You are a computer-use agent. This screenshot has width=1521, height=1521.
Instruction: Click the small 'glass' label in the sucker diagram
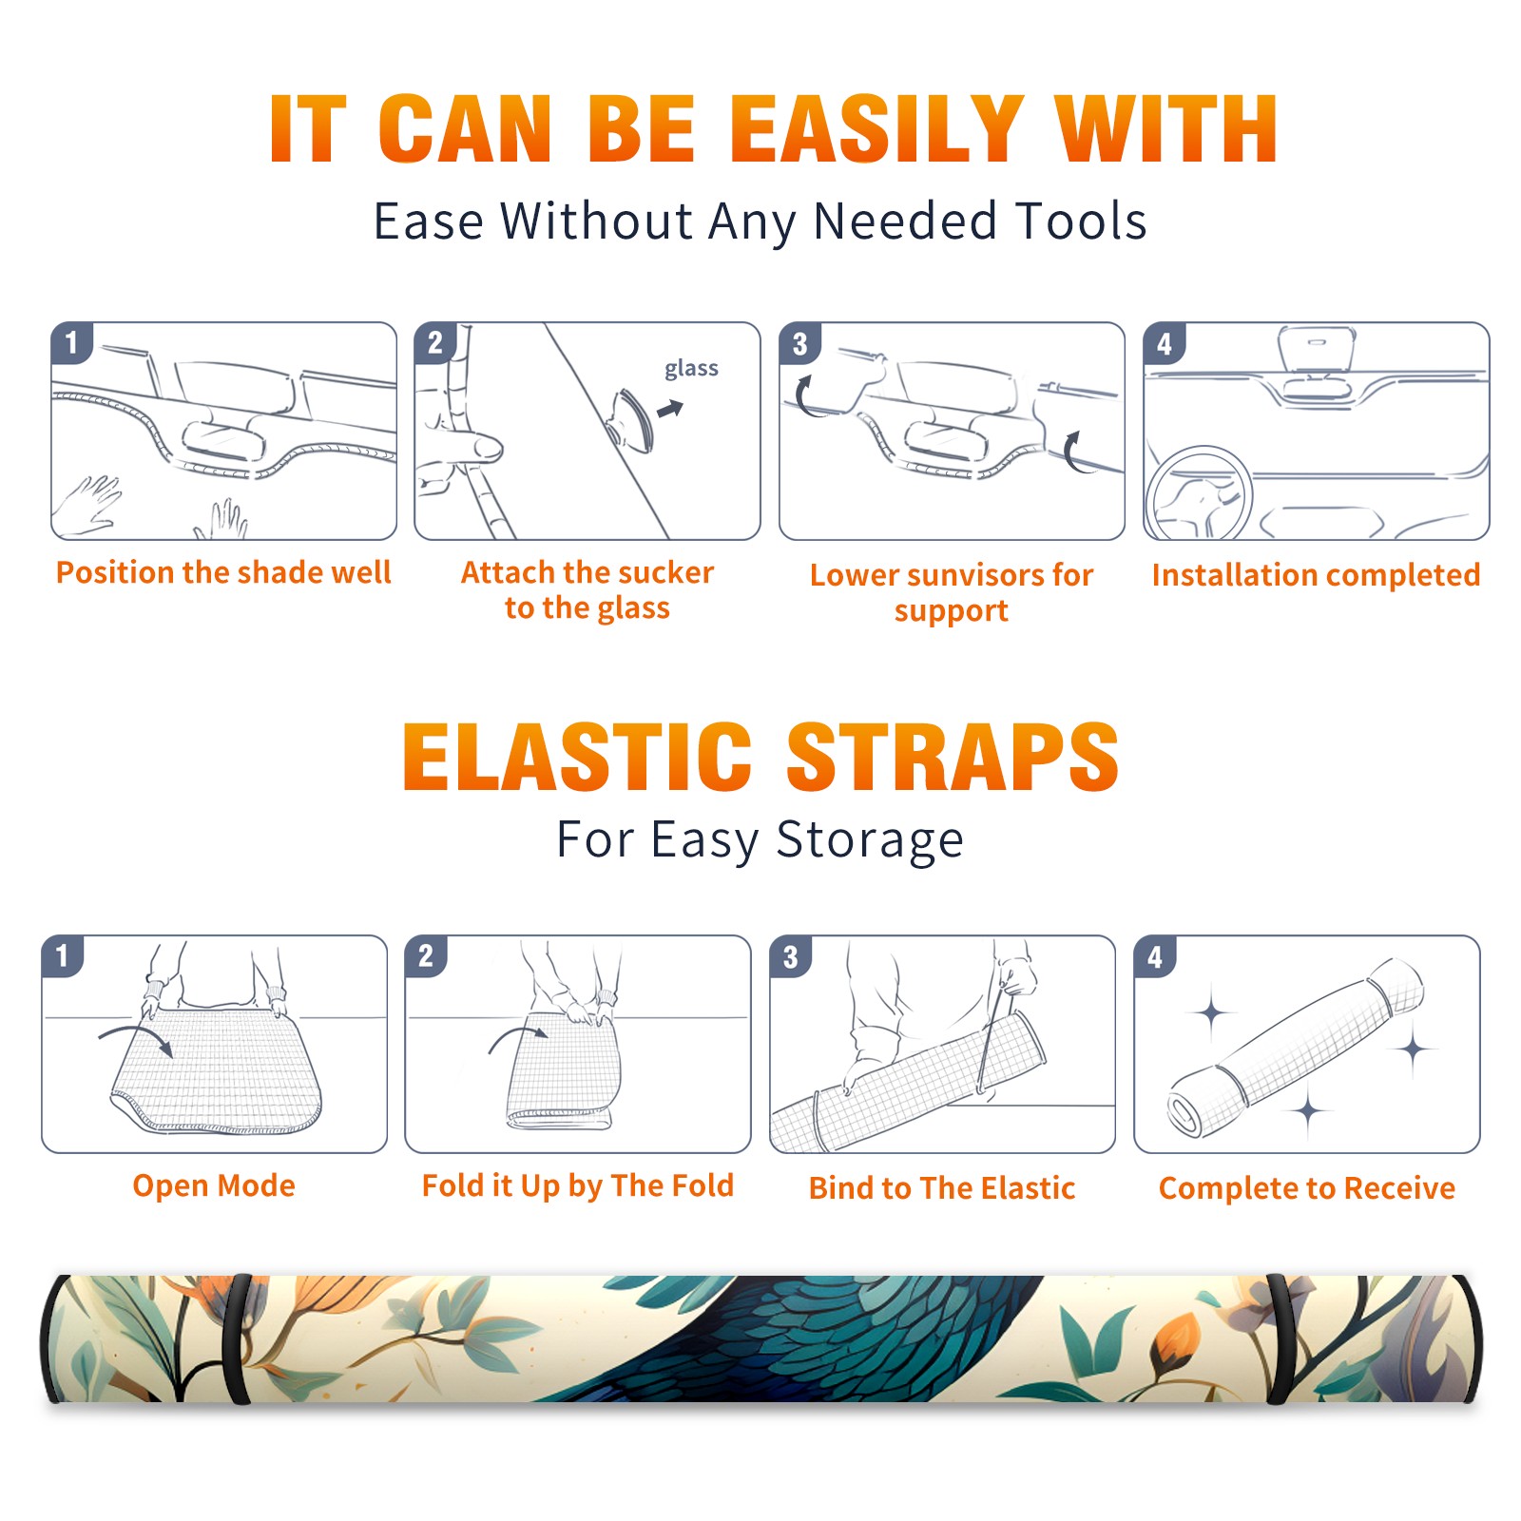pos(691,369)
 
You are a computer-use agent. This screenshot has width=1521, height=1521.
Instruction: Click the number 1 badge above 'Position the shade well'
pos(71,342)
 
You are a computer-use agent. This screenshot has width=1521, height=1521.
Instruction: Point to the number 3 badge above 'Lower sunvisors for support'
pos(799,343)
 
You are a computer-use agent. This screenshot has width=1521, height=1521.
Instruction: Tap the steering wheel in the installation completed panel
pos(1199,493)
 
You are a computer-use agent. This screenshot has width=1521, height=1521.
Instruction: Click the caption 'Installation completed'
pos(1316,575)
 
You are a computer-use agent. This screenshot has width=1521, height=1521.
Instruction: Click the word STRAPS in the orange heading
pos(953,757)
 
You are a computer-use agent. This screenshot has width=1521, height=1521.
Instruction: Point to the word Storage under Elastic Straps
pos(869,840)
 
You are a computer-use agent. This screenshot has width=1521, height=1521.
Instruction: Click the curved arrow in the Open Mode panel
pos(136,1038)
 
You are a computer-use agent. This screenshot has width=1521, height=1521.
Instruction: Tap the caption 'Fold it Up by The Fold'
pos(578,1186)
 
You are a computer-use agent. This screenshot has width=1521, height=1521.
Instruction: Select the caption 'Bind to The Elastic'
pos(942,1188)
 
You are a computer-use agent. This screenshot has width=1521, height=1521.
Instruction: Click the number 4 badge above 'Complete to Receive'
pos(1155,956)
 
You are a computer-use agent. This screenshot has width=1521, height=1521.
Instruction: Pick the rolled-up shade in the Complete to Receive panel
pos(1296,1048)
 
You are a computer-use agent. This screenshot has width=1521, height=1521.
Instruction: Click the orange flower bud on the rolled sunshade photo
pos(1178,1339)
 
